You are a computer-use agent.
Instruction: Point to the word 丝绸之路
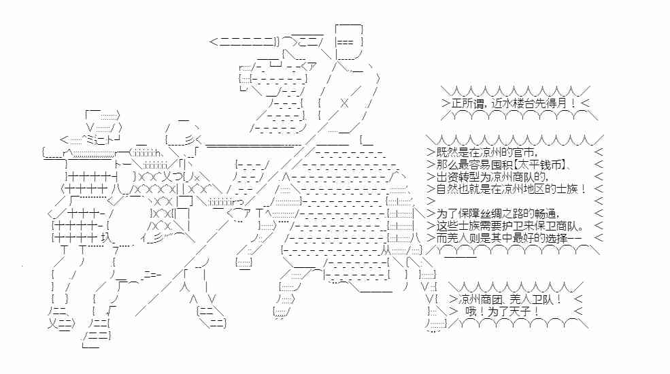click(507, 214)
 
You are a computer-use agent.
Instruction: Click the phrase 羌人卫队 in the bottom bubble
click(532, 299)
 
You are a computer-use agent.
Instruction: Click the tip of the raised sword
click(212, 42)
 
